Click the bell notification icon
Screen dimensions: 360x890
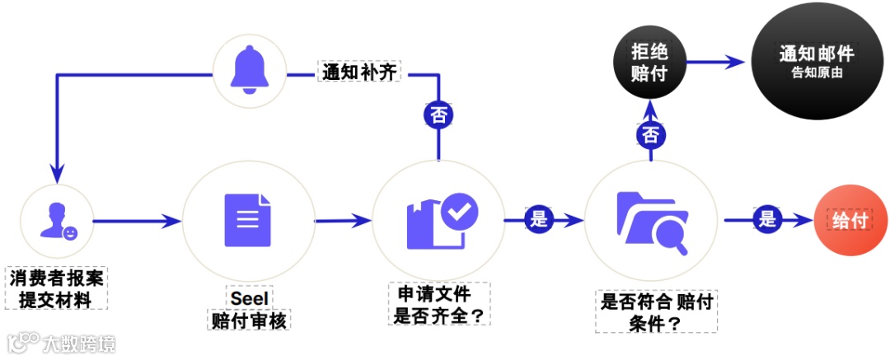[x=250, y=69]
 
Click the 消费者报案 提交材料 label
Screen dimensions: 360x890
[x=58, y=287]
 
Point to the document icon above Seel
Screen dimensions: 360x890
[x=247, y=219]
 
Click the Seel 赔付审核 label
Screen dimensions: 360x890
[x=249, y=309]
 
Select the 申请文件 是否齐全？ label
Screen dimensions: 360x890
[x=440, y=304]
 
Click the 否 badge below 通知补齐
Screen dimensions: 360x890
[x=438, y=115]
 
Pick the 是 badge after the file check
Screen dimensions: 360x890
[x=538, y=219]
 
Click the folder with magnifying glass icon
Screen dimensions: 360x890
[x=650, y=220]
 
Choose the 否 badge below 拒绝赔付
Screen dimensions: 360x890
[x=650, y=134]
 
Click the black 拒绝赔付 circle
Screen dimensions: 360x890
[x=649, y=63]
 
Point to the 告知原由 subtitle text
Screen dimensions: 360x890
[x=816, y=72]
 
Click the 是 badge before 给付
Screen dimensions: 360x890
[x=767, y=219]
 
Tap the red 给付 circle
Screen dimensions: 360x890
[x=849, y=220]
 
